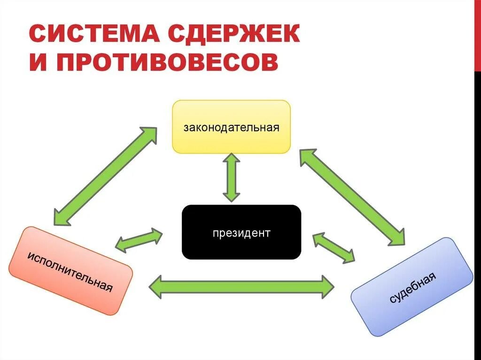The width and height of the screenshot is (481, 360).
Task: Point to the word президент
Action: click(241, 233)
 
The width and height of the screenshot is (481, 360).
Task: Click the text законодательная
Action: click(231, 127)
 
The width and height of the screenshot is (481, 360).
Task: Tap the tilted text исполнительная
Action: click(70, 271)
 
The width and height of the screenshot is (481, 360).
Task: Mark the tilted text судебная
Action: click(413, 287)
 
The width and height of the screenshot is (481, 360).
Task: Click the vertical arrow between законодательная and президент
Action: click(231, 178)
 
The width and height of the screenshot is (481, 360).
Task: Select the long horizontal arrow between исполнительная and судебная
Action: click(241, 286)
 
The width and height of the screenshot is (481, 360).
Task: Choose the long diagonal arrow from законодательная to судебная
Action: click(352, 197)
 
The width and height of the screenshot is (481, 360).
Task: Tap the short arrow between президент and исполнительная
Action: click(139, 240)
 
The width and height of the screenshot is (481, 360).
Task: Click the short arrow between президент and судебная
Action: click(334, 247)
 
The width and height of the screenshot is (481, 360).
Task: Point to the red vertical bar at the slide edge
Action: click(478, 36)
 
